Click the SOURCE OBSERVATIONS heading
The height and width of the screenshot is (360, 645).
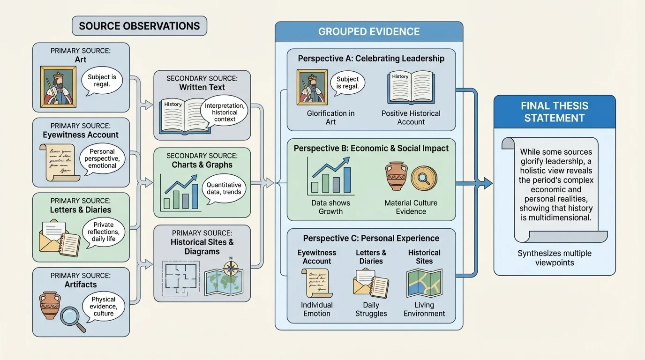point(139,26)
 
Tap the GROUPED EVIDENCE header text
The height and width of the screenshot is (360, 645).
point(369,32)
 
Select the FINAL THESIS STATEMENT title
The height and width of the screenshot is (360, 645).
point(555,112)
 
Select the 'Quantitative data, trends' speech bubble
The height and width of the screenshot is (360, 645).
point(224,188)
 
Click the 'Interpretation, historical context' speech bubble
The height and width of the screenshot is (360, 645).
point(225,112)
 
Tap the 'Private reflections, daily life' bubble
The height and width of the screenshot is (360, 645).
point(104,232)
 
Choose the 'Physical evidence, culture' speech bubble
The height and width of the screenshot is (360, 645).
point(104,306)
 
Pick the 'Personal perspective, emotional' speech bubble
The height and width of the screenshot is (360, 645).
point(103,159)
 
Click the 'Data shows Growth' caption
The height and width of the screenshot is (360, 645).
point(330,207)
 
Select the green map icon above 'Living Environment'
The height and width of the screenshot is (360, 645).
point(424,283)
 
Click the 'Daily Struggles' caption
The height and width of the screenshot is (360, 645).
point(371,309)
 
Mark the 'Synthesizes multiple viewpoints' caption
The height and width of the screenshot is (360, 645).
point(555,258)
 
